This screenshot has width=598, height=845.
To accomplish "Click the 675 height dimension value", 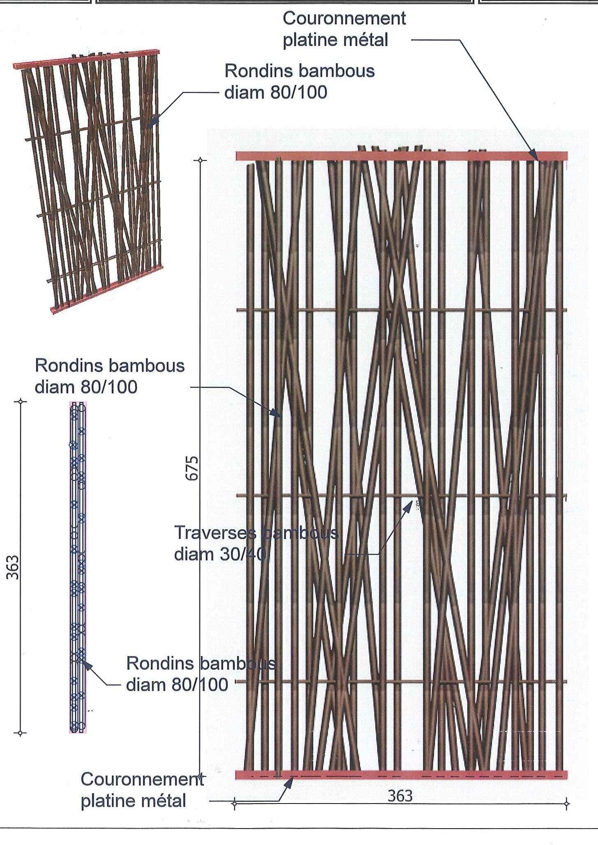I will click(192, 468).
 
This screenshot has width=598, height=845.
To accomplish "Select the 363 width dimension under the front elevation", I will click(399, 796).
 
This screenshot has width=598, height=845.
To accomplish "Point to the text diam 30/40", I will click(220, 554).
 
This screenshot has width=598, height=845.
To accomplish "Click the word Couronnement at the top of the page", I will click(344, 18).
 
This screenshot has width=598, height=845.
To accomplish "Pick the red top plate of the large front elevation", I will click(401, 156).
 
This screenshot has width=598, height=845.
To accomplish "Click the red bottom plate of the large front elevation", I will click(401, 774).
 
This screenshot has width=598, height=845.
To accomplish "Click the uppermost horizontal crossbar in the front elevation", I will click(401, 310).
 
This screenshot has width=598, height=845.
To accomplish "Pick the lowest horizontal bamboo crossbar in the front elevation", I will click(401, 682).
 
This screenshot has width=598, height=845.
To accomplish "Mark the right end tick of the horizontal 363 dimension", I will click(567, 803).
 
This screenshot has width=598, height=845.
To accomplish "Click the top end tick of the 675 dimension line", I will click(200, 160).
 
